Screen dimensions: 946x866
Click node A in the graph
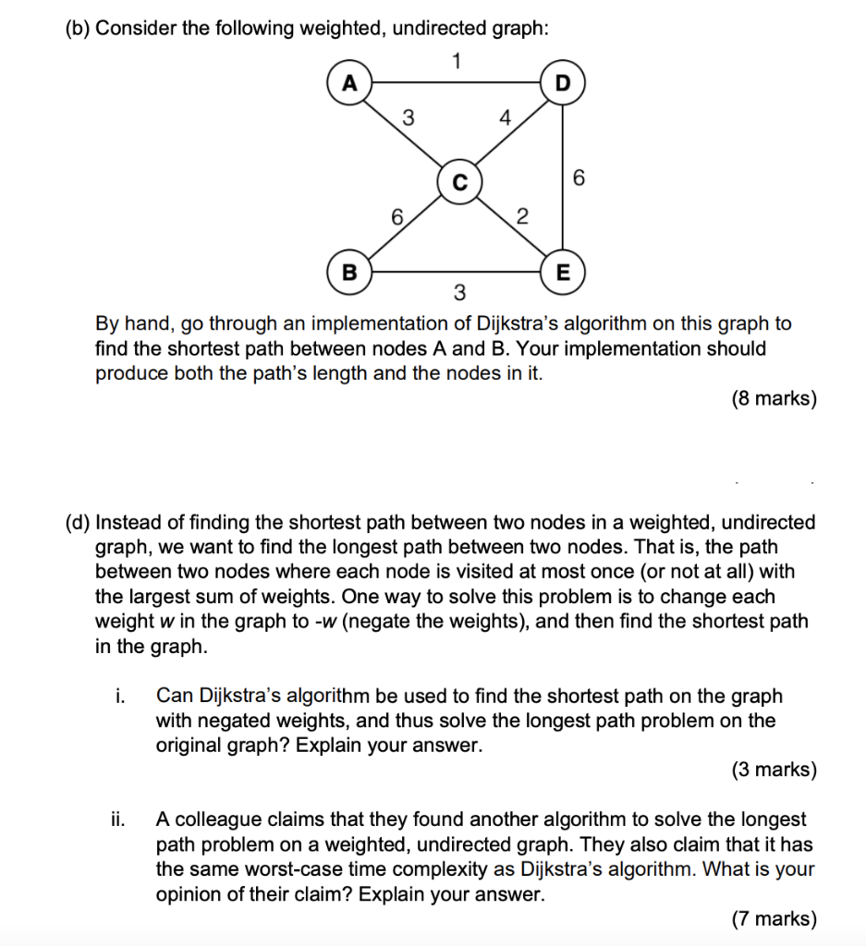point(348,82)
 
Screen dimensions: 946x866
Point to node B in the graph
point(348,273)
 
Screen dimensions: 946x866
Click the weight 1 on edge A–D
point(456,61)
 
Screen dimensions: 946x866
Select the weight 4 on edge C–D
point(504,117)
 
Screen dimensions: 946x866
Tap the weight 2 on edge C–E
point(521,218)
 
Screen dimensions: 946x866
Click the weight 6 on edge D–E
point(579,178)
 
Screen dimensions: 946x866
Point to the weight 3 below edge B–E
point(458,295)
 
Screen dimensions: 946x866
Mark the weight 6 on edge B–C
point(396,218)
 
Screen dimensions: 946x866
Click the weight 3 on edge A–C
point(409,117)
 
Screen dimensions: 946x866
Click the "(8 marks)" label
point(774,399)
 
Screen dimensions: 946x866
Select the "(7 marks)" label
point(774,918)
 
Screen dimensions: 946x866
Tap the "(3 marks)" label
point(774,769)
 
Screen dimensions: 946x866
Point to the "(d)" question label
point(79,522)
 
